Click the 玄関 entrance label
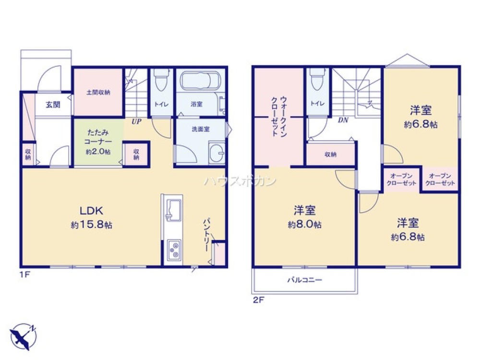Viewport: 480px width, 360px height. pos(53,105)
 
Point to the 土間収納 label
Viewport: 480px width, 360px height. pos(98,92)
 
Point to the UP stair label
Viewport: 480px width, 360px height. pos(136,121)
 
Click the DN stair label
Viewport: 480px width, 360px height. pos(343,120)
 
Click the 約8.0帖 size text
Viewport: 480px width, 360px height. pos(305,225)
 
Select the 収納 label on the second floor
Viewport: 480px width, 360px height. pos(330,155)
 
